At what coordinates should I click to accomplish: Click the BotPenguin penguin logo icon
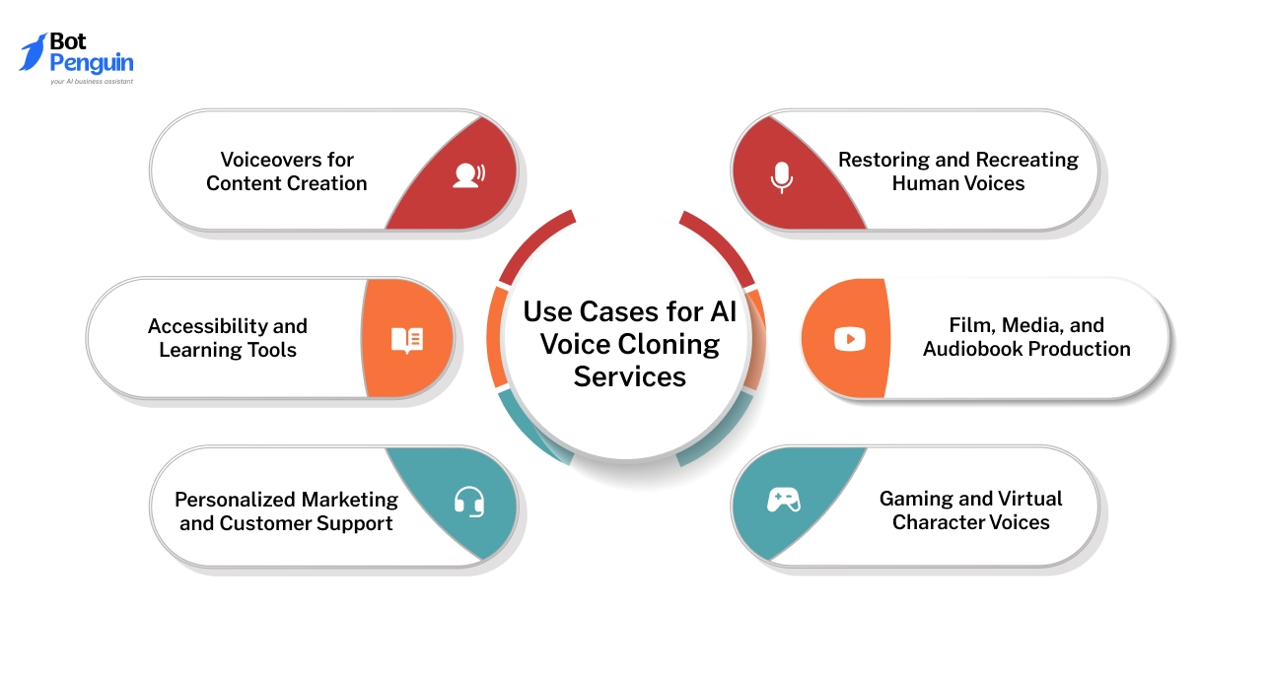(x=35, y=52)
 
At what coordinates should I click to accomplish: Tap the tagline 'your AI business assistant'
(x=92, y=82)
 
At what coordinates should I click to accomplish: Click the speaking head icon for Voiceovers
(x=467, y=175)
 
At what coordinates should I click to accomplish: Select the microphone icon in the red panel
(x=781, y=177)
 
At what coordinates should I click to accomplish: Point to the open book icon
(x=407, y=340)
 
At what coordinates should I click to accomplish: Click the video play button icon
(x=849, y=339)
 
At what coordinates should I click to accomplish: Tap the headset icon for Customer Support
(x=469, y=503)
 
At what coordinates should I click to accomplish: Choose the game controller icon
(x=784, y=500)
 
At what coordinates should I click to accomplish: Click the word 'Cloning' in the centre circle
(x=670, y=344)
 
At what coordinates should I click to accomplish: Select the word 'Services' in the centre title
(x=629, y=376)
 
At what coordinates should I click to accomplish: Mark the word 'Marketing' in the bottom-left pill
(x=352, y=500)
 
